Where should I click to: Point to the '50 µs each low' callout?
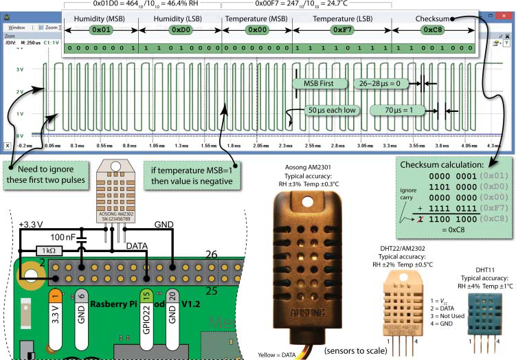point(330,110)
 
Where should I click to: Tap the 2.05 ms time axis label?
point(262,146)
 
